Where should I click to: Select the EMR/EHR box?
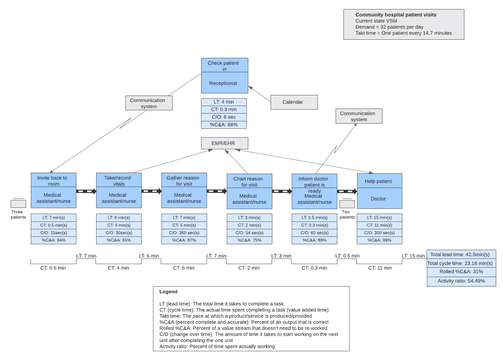click(224, 143)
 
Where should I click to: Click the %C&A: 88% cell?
click(224, 125)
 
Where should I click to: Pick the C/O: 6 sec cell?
click(224, 117)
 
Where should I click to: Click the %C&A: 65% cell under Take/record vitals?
click(119, 240)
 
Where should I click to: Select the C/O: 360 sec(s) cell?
click(184, 233)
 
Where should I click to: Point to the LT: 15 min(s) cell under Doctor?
click(379, 218)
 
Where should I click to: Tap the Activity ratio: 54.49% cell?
click(461, 281)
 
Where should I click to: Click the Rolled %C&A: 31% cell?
click(461, 272)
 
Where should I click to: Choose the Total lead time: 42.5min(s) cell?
click(461, 255)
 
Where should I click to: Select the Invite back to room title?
click(53, 180)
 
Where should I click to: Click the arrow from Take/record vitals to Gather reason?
click(151, 191)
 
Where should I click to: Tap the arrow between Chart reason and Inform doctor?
click(282, 191)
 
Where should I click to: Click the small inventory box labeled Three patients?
click(18, 204)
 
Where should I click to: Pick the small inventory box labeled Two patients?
click(347, 204)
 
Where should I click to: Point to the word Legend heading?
click(168, 292)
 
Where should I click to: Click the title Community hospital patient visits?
click(395, 15)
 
